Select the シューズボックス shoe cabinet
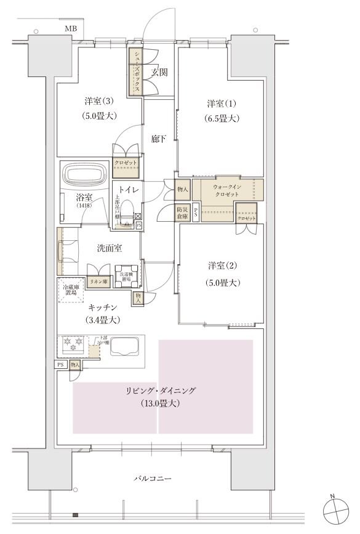tap(135, 72)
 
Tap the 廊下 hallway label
tap(159, 139)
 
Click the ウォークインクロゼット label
tap(228, 190)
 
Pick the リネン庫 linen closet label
tap(97, 280)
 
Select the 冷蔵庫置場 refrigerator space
tap(71, 290)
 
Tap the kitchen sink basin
tap(126, 347)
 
